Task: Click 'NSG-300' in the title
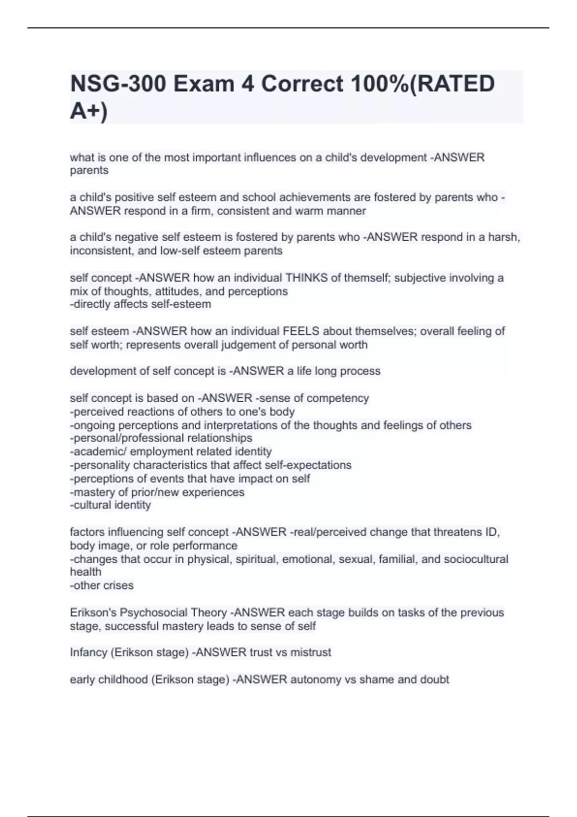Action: coord(117,84)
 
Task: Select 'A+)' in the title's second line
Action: coord(89,111)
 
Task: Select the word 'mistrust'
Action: coord(311,653)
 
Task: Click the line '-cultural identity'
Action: coord(111,505)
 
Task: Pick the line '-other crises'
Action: coord(102,585)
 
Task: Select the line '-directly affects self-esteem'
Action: coord(140,304)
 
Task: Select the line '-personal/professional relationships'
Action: coord(161,438)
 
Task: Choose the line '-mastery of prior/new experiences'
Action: coord(157,492)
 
